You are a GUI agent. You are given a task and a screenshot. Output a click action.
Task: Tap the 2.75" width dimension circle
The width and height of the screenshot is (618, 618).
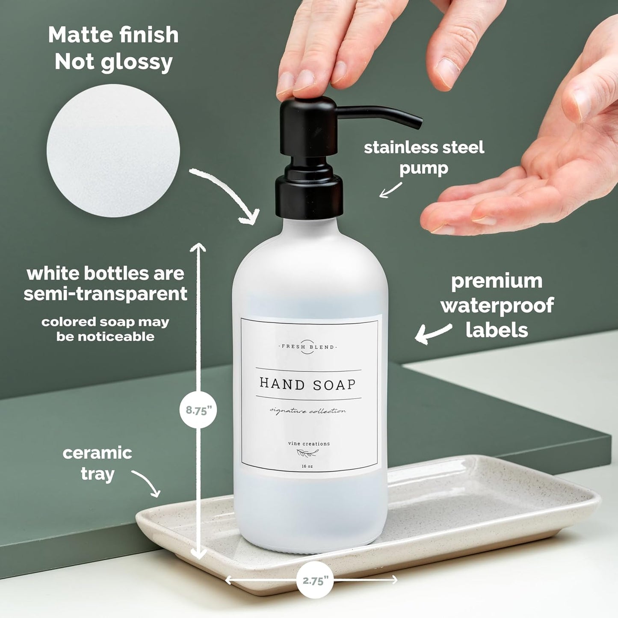pyautogui.click(x=315, y=580)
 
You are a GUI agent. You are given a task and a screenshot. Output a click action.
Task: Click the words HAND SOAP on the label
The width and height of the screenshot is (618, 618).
pyautogui.click(x=308, y=384)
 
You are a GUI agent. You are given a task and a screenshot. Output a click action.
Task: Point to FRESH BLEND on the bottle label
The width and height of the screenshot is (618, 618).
pyautogui.click(x=308, y=347)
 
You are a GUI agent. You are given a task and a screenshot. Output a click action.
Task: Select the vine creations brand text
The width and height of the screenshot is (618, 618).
pyautogui.click(x=309, y=444)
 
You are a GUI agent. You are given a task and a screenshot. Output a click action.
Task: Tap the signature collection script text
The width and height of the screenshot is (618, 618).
pyautogui.click(x=308, y=411)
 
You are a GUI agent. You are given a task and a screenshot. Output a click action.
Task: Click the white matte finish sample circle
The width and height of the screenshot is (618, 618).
pyautogui.click(x=113, y=151)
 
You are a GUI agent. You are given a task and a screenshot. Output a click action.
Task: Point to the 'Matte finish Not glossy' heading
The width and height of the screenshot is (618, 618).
pyautogui.click(x=113, y=48)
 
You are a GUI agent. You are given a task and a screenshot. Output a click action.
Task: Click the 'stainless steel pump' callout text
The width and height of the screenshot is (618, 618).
pyautogui.click(x=424, y=157)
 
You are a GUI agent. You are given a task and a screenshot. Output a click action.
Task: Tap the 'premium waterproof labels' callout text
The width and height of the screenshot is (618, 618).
pyautogui.click(x=497, y=305)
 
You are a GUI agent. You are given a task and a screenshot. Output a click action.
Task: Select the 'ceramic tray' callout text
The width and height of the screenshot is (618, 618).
pyautogui.click(x=98, y=463)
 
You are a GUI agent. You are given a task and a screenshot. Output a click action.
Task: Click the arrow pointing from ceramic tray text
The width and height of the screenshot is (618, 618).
pyautogui.click(x=148, y=483)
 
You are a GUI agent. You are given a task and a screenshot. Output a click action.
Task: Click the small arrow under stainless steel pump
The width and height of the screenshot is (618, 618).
pyautogui.click(x=390, y=190)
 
